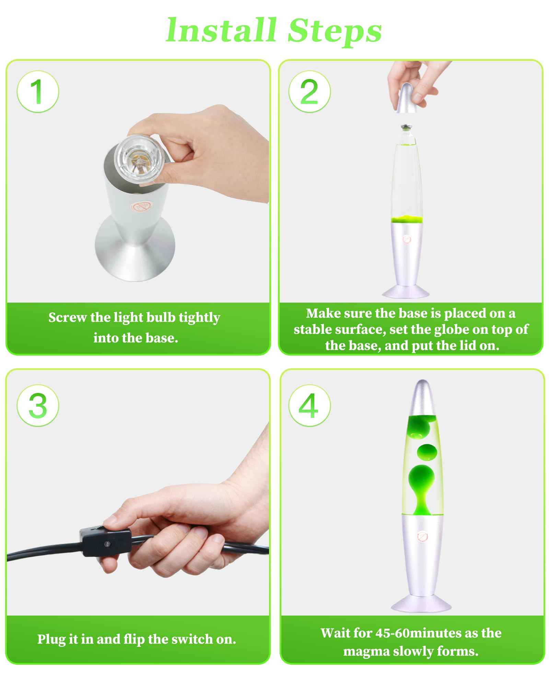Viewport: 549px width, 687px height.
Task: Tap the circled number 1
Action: point(38,91)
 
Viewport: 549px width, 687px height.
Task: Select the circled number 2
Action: point(309,91)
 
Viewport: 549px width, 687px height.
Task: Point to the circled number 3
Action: point(38,405)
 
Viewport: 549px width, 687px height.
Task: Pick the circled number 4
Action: point(309,405)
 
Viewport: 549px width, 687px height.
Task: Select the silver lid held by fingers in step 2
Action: point(407,98)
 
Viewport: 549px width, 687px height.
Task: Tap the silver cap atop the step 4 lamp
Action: point(422,398)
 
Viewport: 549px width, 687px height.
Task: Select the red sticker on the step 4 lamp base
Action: point(421,537)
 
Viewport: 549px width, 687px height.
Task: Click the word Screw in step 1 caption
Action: point(68,317)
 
